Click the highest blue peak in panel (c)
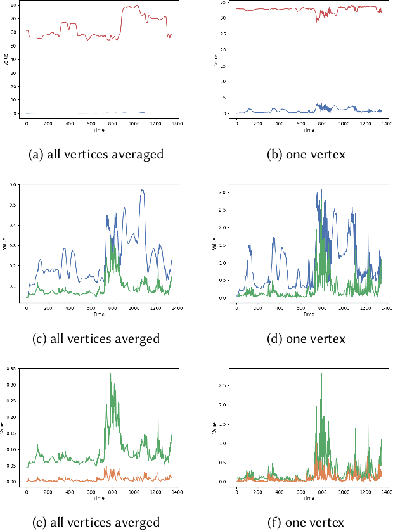pyautogui.click(x=143, y=189)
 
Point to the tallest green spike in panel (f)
pyautogui.click(x=321, y=374)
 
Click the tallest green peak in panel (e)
pyautogui.click(x=111, y=374)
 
